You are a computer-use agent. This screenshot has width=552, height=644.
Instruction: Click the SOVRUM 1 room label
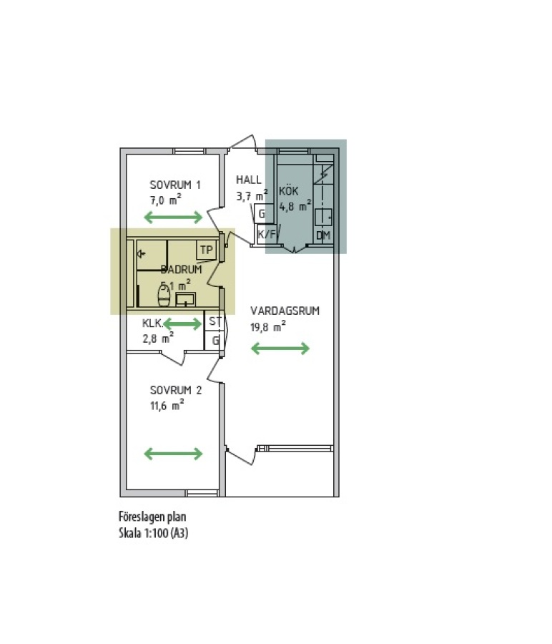[175, 185]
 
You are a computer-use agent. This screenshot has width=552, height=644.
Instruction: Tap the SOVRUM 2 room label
[176, 390]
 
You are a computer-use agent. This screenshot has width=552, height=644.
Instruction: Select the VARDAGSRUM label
[285, 311]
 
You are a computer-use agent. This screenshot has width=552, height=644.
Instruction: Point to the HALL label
[248, 180]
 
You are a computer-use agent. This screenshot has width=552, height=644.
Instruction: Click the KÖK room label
[289, 190]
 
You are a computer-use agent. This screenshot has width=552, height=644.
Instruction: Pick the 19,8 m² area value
[268, 326]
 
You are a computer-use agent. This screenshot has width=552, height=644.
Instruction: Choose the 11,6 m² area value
[167, 406]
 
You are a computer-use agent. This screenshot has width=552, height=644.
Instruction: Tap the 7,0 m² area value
[166, 200]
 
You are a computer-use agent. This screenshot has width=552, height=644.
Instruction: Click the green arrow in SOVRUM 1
[173, 218]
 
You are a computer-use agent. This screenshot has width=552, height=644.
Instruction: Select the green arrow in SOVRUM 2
[173, 454]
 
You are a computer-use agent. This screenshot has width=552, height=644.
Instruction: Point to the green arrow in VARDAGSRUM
[280, 348]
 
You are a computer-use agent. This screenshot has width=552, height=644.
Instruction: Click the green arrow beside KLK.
[182, 324]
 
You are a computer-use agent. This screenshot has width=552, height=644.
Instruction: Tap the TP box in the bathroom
[207, 250]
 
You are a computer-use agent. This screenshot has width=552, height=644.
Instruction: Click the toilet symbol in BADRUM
[164, 296]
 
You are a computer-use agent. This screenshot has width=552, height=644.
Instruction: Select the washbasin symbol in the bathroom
[185, 299]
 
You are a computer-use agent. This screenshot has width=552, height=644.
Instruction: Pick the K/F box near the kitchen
[267, 235]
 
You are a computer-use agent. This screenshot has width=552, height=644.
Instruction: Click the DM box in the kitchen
[323, 235]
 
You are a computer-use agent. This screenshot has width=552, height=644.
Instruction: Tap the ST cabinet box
[215, 321]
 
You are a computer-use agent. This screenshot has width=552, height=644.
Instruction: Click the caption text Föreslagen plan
[152, 517]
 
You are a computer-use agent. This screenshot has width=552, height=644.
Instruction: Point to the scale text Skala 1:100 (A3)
[154, 533]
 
